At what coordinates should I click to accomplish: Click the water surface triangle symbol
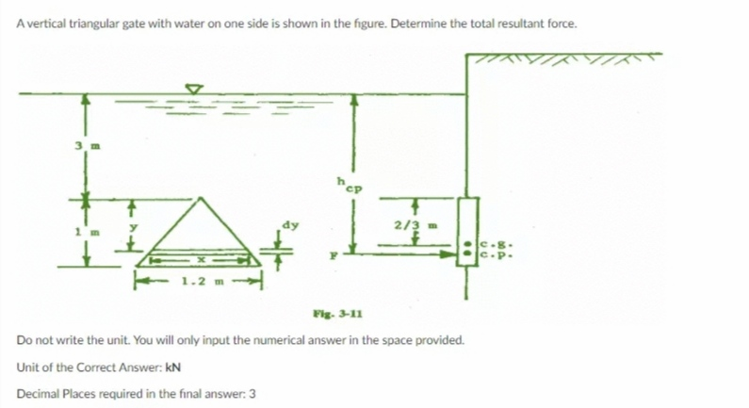pos(193,89)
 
